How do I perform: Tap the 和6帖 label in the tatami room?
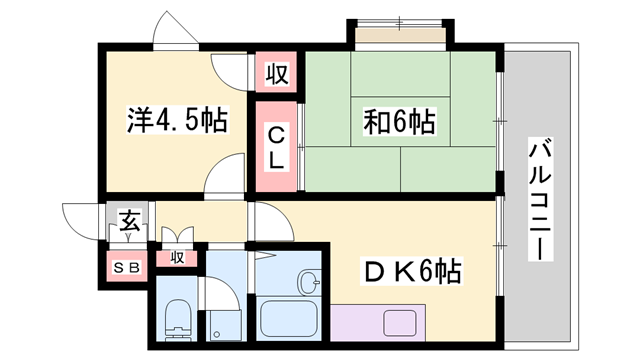click(x=398, y=122)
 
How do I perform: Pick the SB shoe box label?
click(x=126, y=267)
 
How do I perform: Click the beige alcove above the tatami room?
click(x=399, y=37)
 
